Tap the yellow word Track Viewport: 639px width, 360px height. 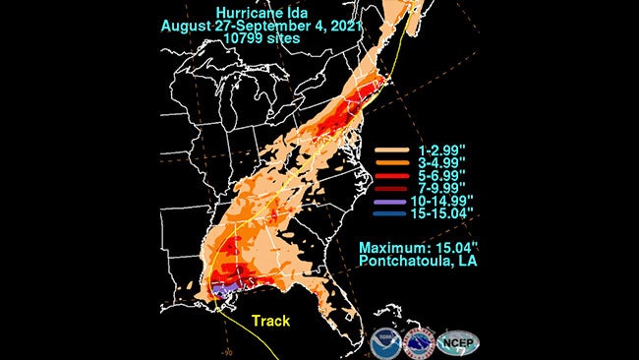tap(272, 322)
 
